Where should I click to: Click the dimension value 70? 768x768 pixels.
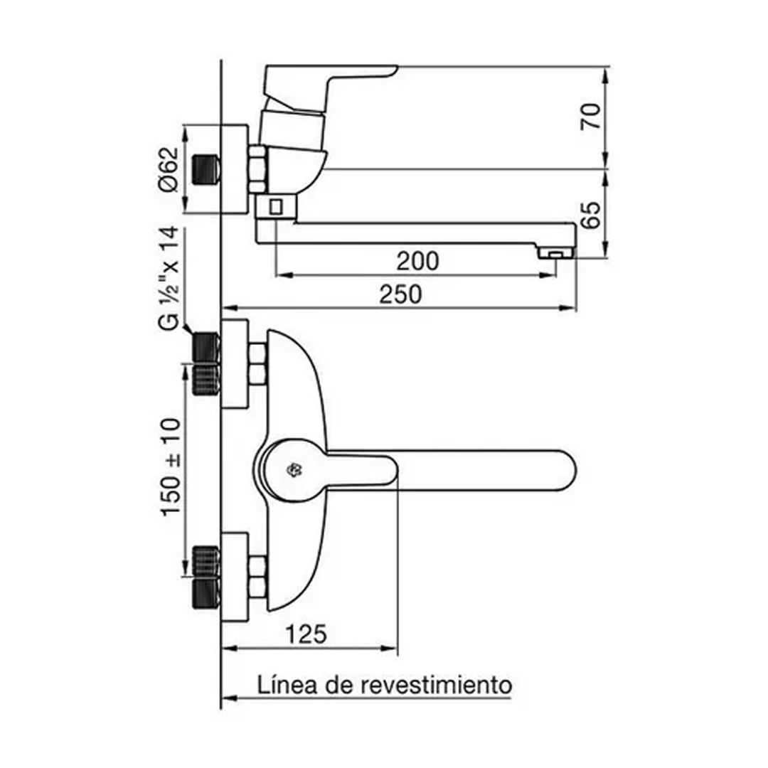591,117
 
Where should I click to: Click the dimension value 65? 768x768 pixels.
591,215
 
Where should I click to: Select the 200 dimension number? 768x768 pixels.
417,261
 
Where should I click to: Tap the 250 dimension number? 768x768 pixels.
400,294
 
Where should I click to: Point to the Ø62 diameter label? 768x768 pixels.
169,169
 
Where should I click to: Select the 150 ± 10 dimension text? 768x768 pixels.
171,466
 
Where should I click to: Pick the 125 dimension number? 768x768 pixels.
306,634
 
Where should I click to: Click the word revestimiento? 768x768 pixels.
437,685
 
